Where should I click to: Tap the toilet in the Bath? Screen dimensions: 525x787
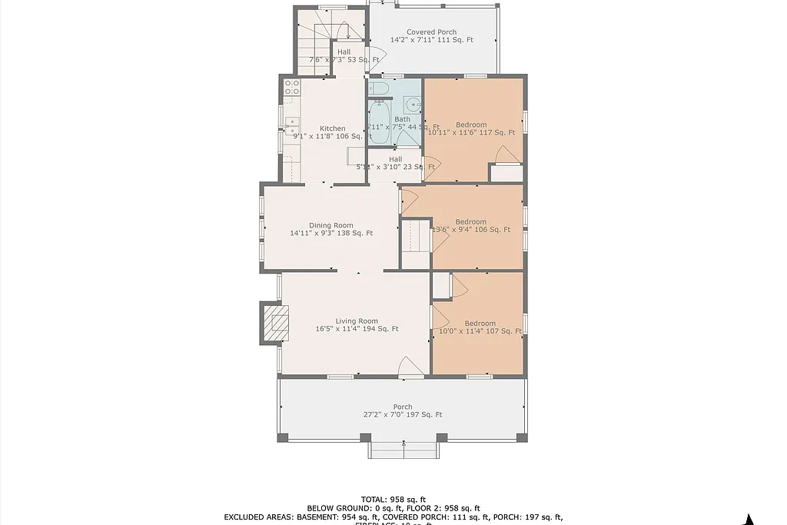click(x=377, y=91)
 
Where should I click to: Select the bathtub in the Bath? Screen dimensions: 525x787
click(x=378, y=122)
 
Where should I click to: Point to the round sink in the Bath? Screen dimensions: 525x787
click(x=413, y=105)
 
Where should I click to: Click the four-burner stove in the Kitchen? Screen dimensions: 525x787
click(x=292, y=87)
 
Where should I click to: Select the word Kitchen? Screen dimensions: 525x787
click(x=333, y=128)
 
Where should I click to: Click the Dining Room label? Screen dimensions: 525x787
click(x=331, y=225)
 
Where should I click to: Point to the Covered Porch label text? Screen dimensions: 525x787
click(x=431, y=32)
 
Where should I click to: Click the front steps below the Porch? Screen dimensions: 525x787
click(x=403, y=450)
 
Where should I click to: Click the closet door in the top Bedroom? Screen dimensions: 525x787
click(x=507, y=155)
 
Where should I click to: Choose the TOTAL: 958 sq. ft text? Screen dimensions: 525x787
click(x=393, y=499)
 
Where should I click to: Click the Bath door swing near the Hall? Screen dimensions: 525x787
click(x=407, y=138)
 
